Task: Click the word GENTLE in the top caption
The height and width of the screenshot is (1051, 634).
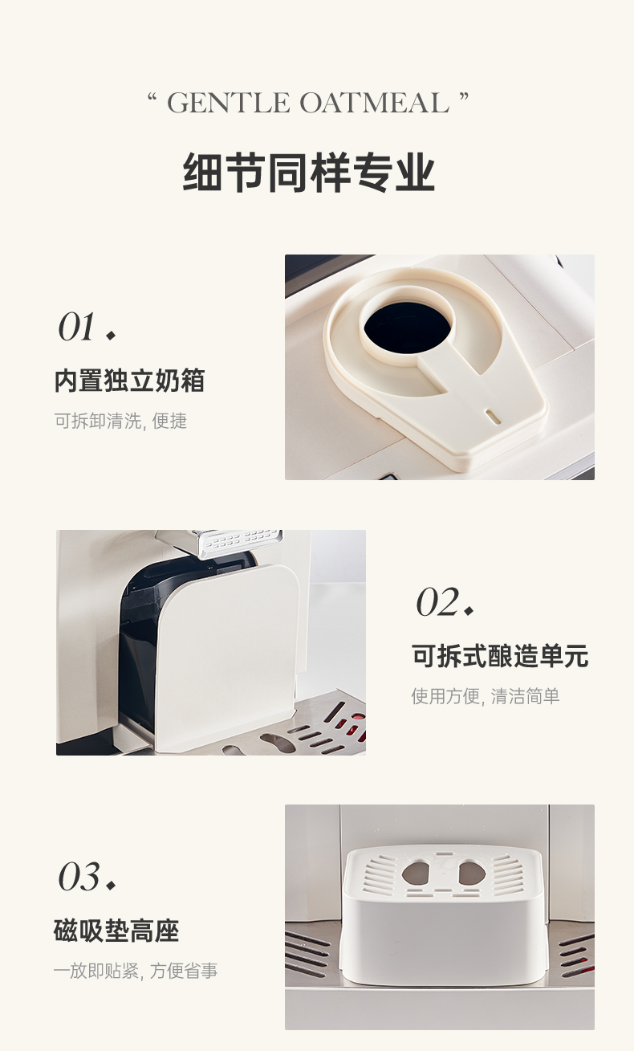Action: point(229,103)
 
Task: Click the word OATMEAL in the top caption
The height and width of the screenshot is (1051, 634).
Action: point(375,103)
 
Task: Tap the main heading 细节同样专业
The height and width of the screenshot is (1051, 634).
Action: point(308,172)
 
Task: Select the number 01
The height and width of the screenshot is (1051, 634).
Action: point(76,327)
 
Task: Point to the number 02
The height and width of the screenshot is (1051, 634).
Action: point(437,602)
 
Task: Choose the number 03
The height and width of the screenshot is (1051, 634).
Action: point(79,877)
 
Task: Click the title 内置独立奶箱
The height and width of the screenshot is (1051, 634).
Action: point(129,381)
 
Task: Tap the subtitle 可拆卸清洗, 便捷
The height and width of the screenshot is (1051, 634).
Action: point(120,421)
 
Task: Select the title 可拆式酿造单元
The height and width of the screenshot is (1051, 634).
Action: point(500,655)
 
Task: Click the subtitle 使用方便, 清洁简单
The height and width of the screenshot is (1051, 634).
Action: point(486,696)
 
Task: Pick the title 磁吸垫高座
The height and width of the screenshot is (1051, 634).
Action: point(116,931)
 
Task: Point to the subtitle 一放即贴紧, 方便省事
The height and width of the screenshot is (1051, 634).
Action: point(136,971)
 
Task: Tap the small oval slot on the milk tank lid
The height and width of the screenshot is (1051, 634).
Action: point(493,416)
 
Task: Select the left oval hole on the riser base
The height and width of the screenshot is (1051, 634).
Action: point(416,872)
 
